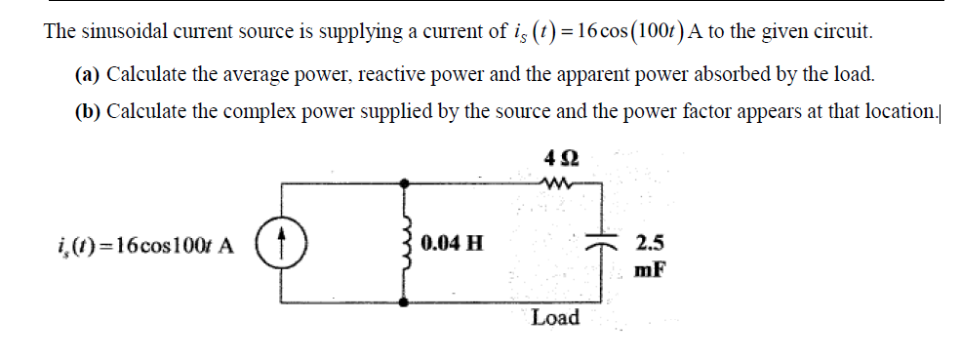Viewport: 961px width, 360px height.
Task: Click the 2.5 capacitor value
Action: [x=647, y=243]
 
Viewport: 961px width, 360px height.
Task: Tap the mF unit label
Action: [x=649, y=268]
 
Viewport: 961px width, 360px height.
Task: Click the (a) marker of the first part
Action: [x=88, y=74]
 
